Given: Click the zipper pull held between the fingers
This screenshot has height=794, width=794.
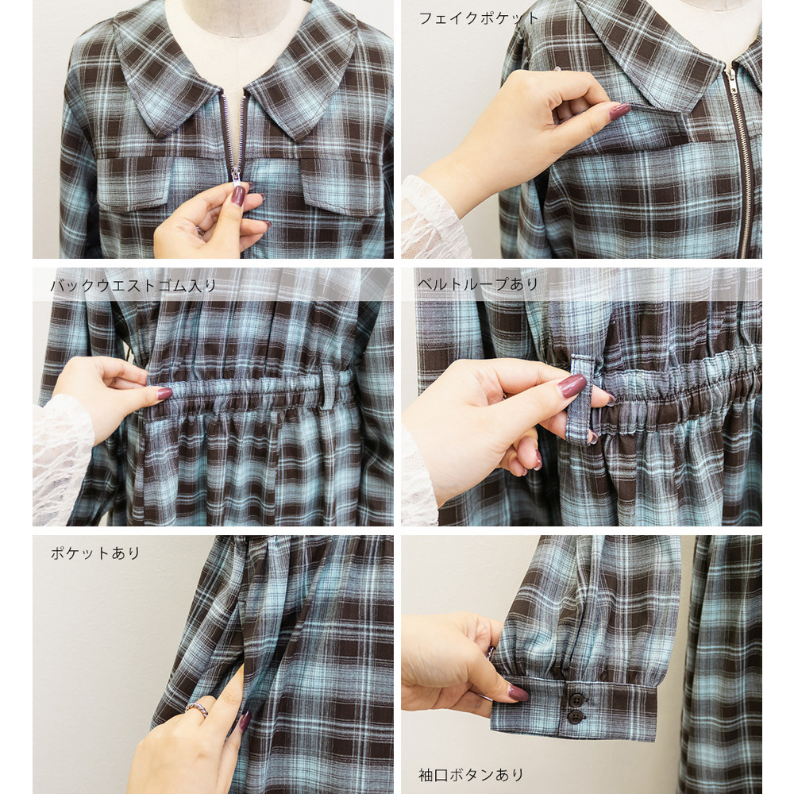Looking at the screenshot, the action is pyautogui.click(x=237, y=175).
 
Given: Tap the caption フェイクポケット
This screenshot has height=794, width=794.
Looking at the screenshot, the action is pyautogui.click(x=478, y=19).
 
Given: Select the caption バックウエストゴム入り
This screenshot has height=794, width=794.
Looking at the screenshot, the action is pyautogui.click(x=133, y=286).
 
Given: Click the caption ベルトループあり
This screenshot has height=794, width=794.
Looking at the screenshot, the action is pyautogui.click(x=477, y=284).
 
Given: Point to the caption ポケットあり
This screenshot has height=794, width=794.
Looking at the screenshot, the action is pyautogui.click(x=94, y=553).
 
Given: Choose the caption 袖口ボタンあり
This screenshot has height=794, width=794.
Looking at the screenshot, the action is pyautogui.click(x=470, y=774).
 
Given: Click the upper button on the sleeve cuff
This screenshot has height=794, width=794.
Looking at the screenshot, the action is pyautogui.click(x=576, y=700).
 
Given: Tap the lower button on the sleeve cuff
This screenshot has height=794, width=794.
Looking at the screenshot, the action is pyautogui.click(x=575, y=716).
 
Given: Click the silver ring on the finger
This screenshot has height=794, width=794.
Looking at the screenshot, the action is pyautogui.click(x=197, y=708).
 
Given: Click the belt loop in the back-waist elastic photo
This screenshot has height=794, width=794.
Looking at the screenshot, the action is pyautogui.click(x=329, y=387).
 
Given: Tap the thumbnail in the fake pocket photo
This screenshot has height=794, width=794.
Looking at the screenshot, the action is pyautogui.click(x=619, y=111).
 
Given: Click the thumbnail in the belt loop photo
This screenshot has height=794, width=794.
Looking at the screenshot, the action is pyautogui.click(x=572, y=385).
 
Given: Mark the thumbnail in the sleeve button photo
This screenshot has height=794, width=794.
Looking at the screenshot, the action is pyautogui.click(x=518, y=692).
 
